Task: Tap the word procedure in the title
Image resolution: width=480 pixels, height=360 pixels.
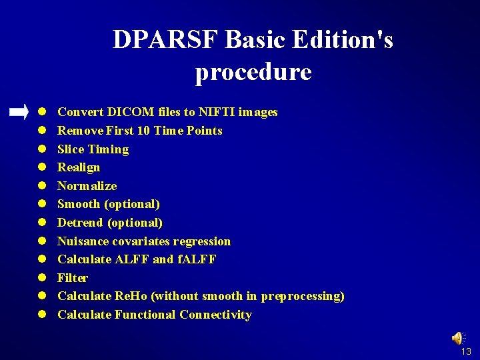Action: coord(253,72)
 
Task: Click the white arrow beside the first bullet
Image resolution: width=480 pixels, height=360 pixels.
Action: coord(19,112)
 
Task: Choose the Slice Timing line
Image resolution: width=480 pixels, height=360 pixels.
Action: coord(93,149)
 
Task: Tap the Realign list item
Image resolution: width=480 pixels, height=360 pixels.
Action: coord(79,167)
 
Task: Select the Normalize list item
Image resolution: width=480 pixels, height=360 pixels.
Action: coord(87,186)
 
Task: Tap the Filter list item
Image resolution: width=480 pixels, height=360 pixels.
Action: coord(73,278)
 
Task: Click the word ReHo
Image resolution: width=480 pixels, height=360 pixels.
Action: coord(133,296)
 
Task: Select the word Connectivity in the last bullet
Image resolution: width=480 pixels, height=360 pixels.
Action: coord(215,315)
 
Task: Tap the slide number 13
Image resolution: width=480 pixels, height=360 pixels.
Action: coord(466,351)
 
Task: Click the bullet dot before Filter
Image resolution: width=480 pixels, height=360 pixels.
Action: coord(41,278)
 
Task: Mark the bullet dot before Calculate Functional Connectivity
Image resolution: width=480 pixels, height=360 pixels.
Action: coord(41,315)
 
